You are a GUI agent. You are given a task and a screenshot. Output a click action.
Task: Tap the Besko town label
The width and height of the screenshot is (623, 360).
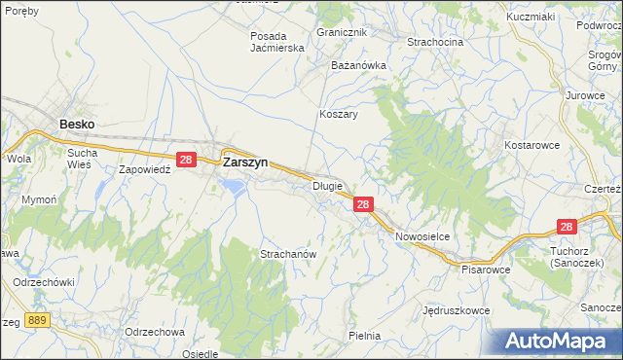(77, 125)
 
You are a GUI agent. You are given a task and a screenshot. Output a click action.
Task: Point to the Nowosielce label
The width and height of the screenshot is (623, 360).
(421, 236)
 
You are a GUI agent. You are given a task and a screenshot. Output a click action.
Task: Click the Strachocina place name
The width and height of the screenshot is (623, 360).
(435, 42)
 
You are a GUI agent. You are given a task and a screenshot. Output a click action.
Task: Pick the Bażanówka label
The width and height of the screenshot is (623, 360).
(359, 65)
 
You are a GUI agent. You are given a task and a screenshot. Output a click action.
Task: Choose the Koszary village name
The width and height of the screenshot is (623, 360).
(339, 114)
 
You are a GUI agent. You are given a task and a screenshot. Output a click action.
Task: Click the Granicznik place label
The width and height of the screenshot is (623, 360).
(341, 32)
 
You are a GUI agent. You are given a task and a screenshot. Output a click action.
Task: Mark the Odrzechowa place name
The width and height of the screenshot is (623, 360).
(155, 331)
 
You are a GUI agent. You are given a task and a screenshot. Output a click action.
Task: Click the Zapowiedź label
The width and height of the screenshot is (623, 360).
(145, 168)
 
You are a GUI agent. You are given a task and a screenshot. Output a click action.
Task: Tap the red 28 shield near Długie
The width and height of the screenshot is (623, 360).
(362, 204)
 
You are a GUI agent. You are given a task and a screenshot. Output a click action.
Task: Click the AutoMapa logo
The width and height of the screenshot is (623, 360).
(556, 341)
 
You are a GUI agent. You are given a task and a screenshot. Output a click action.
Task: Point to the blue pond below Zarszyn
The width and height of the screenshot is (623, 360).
(233, 184)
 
